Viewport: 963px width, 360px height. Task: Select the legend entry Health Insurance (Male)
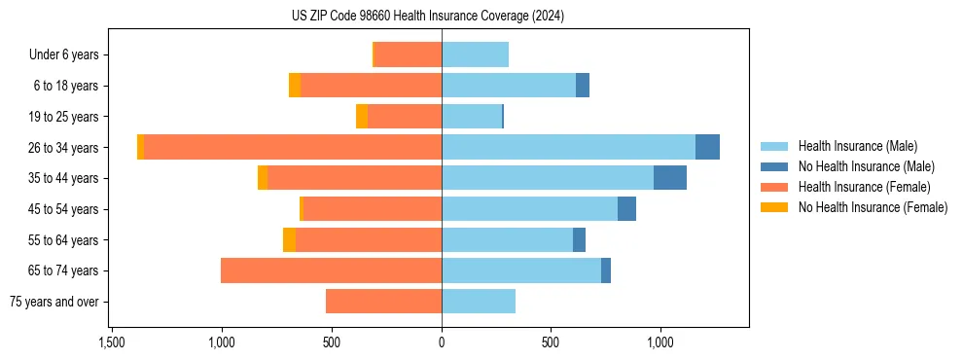point(857,146)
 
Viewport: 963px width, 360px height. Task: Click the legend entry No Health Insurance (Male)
point(866,166)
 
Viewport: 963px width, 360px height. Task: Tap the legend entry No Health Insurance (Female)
point(873,207)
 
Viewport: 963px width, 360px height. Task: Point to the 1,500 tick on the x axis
point(112,342)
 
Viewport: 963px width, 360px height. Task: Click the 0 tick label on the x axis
point(442,342)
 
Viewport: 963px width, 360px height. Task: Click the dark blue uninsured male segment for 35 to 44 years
point(670,178)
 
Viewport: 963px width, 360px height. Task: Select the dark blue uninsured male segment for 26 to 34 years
point(707,147)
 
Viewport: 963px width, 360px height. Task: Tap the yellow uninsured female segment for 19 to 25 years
point(362,117)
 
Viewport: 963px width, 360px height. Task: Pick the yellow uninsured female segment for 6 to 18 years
point(295,86)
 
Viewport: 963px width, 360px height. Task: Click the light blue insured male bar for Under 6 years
point(475,54)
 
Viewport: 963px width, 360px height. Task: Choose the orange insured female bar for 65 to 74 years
point(331,270)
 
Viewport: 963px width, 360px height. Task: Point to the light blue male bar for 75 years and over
point(479,302)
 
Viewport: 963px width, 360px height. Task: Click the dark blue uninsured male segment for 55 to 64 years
point(579,239)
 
